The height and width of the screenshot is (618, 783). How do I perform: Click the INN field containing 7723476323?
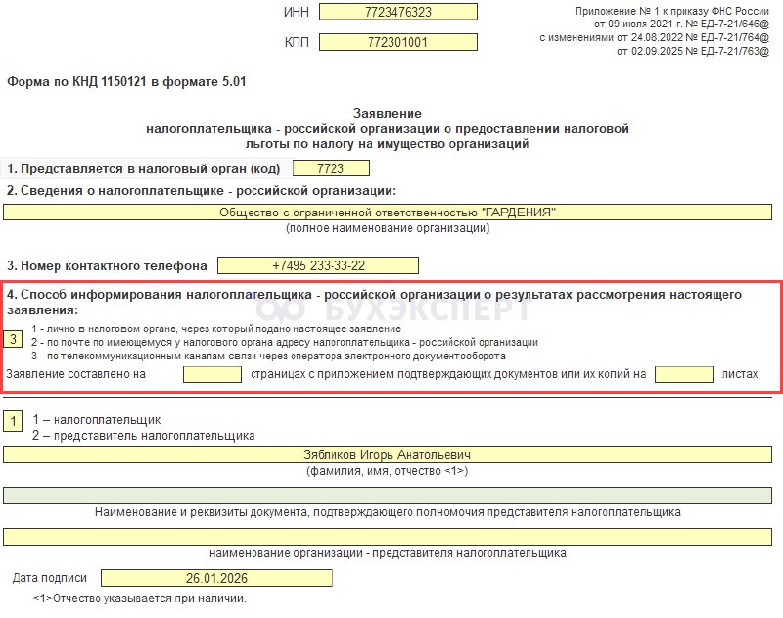(x=397, y=12)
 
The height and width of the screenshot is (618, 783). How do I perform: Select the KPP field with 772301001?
(x=397, y=43)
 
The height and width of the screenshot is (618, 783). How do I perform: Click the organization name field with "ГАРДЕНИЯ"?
(x=387, y=213)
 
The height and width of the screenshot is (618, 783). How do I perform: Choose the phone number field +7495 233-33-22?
(x=318, y=265)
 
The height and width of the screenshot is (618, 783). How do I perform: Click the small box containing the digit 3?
(x=14, y=339)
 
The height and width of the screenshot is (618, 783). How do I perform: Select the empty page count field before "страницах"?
(x=211, y=373)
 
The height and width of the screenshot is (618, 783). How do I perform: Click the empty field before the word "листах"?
(x=684, y=373)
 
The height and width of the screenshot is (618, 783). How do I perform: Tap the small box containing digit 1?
(x=14, y=421)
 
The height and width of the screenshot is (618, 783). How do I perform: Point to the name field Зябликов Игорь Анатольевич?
(x=387, y=455)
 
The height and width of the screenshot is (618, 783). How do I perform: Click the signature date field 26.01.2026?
(x=216, y=578)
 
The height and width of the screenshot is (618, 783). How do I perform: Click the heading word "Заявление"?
(x=386, y=114)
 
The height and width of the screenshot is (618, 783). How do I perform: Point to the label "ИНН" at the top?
(x=296, y=13)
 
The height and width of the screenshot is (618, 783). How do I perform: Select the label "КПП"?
(x=296, y=44)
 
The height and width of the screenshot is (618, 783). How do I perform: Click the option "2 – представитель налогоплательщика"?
(x=143, y=435)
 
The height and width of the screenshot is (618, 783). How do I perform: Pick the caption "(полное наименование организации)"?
(x=388, y=228)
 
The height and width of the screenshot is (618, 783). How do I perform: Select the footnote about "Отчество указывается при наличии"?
(x=139, y=598)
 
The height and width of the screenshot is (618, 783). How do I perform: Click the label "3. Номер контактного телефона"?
(x=107, y=265)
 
